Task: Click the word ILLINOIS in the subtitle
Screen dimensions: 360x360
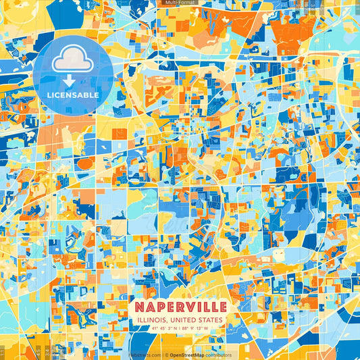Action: pos(150,319)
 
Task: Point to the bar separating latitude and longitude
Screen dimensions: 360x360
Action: pos(180,329)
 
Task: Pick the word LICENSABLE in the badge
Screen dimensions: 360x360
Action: pos(73,95)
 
